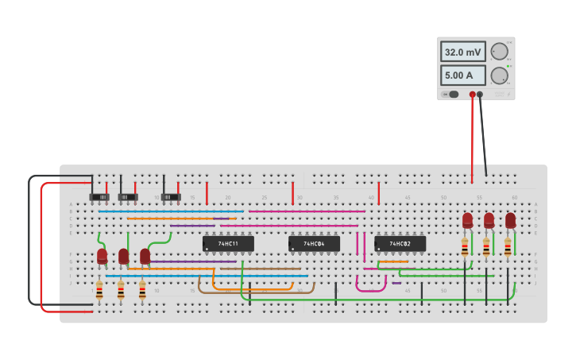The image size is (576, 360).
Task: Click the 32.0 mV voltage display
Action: tap(462, 52)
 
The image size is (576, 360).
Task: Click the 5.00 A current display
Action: tap(462, 75)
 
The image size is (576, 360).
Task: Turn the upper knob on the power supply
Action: tap(499, 52)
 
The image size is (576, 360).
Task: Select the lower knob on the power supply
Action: tap(499, 75)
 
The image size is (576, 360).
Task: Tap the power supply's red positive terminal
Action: tap(472, 95)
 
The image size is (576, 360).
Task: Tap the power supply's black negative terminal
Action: tap(480, 95)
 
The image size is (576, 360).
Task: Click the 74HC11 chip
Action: tap(228, 243)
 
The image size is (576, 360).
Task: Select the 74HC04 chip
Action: tap(314, 243)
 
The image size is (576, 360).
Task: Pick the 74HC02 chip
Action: tap(400, 243)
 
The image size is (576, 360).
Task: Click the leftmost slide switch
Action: tap(99, 196)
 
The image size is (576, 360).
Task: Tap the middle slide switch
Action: tap(128, 196)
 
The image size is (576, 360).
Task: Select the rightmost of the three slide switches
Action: tap(171, 196)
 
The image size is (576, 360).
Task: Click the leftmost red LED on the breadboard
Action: tap(102, 256)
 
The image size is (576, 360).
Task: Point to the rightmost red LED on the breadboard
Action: tap(510, 219)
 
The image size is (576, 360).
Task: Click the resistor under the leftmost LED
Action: tap(99, 290)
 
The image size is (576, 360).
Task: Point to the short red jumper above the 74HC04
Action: tap(292, 192)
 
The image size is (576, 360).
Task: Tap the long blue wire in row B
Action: tap(171, 211)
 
